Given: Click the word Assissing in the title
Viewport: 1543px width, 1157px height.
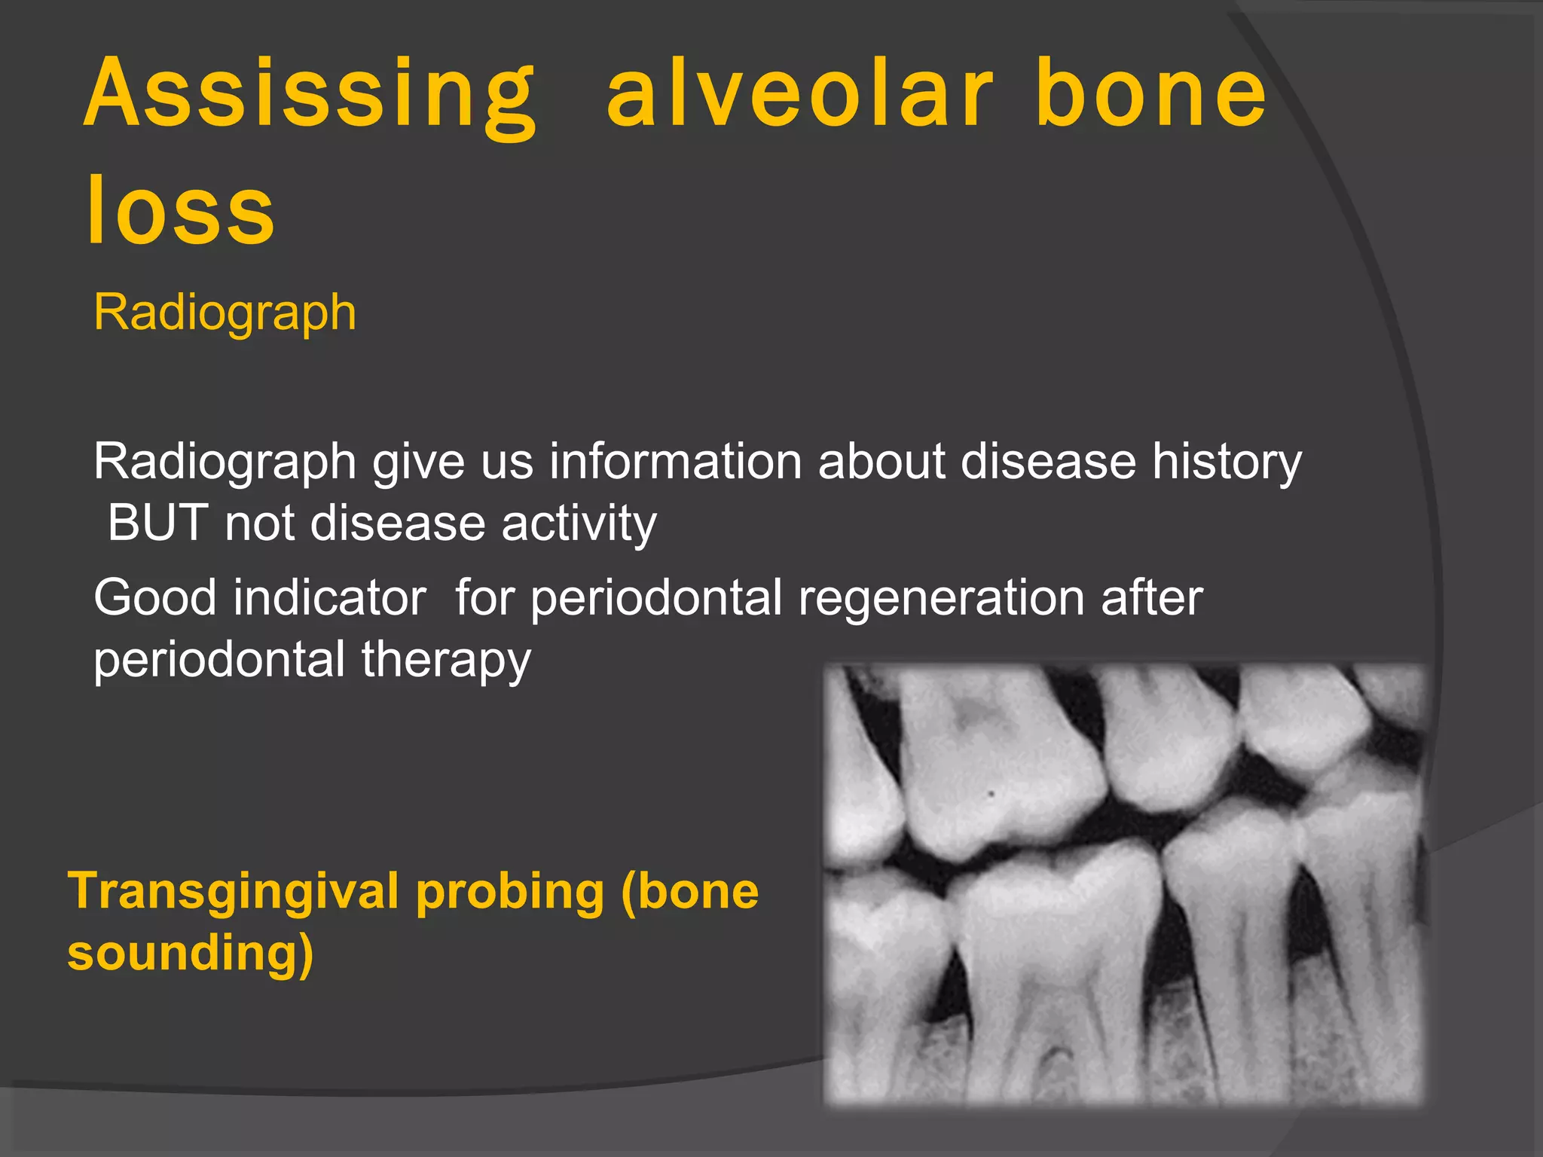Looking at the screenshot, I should click(x=309, y=94).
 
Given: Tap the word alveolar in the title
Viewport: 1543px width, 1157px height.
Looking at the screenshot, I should click(x=799, y=94).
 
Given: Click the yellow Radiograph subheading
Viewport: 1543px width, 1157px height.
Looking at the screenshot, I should click(x=225, y=312).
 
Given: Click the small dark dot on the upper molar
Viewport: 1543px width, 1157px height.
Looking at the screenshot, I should click(x=991, y=794).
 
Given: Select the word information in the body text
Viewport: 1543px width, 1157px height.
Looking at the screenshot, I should click(x=675, y=461).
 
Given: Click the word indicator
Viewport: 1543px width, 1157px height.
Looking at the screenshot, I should click(x=329, y=597).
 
